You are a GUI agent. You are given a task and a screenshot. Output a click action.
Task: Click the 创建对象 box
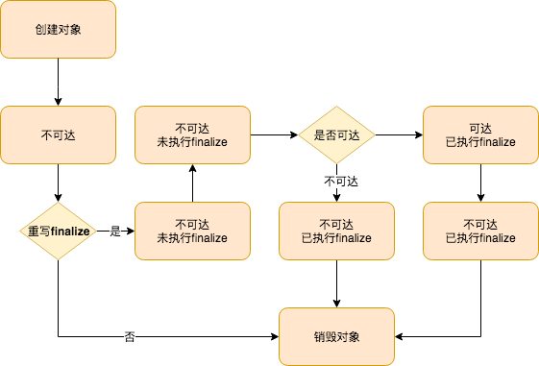[x=58, y=29]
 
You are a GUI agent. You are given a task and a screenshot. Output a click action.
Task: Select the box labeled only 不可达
[x=58, y=135]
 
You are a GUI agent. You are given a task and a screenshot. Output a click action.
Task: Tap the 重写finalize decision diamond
[x=58, y=232]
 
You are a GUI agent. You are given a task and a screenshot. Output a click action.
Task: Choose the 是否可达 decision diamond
[x=336, y=135]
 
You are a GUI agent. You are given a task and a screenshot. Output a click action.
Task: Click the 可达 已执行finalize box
[x=480, y=135]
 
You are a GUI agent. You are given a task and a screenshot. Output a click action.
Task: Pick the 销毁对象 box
[x=336, y=336]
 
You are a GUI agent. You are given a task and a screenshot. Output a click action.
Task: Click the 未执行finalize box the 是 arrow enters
[x=192, y=232]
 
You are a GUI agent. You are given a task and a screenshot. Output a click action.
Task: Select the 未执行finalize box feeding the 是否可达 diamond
[x=192, y=135]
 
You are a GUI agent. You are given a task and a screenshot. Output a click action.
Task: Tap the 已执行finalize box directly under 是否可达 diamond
[x=336, y=232]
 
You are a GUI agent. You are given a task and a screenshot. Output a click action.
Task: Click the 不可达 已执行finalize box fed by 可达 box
[x=480, y=232]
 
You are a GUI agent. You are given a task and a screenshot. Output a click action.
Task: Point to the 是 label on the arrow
[x=115, y=232]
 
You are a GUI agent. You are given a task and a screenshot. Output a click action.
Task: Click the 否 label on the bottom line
[x=129, y=337]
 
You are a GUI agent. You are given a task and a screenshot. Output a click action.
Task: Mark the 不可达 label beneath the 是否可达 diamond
[x=336, y=180]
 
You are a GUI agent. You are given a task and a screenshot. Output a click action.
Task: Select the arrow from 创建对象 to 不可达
[x=58, y=82]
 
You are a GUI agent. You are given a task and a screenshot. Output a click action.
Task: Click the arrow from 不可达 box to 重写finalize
[x=58, y=183]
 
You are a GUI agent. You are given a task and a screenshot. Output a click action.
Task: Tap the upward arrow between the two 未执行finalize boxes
[x=192, y=183]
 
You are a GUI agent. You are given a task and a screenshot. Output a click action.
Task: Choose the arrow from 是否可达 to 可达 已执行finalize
[x=399, y=135]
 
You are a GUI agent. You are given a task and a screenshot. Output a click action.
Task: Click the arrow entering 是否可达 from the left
[x=274, y=135]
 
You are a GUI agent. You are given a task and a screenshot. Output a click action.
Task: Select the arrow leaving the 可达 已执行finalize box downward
[x=480, y=183]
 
